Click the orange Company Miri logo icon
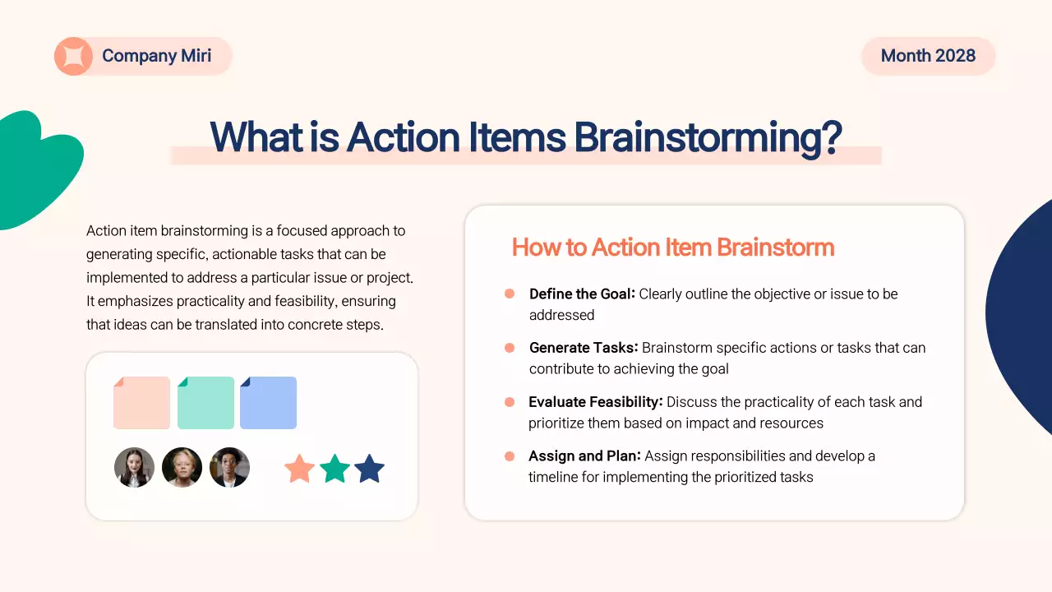click(x=73, y=57)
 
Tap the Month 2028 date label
click(x=928, y=56)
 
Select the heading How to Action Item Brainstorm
click(x=672, y=247)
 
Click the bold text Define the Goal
click(x=582, y=294)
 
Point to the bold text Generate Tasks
click(x=584, y=348)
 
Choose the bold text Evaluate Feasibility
click(x=595, y=402)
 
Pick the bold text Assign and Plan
click(x=585, y=456)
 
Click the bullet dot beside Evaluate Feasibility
click(x=510, y=402)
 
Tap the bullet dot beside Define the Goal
click(x=510, y=294)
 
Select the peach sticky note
click(x=141, y=403)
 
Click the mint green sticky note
click(x=205, y=403)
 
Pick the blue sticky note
click(x=268, y=403)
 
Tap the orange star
click(x=299, y=469)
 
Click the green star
click(x=335, y=469)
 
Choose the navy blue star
click(x=370, y=469)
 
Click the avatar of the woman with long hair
click(x=134, y=468)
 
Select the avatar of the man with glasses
click(x=229, y=468)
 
